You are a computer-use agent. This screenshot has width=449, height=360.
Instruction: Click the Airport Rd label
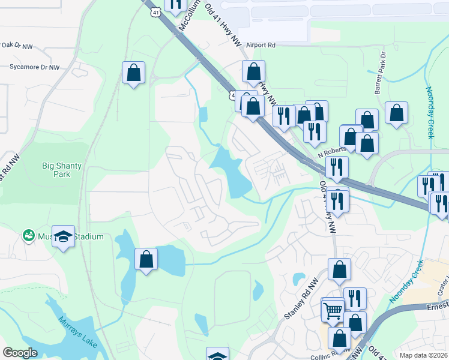[x=259, y=45]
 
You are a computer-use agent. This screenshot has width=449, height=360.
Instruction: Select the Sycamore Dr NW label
[x=34, y=68]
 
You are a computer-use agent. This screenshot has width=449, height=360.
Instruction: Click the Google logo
[x=20, y=353]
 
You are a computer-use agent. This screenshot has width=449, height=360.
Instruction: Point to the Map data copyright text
[x=423, y=355]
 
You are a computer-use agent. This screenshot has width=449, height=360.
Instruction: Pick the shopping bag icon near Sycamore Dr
[x=133, y=73]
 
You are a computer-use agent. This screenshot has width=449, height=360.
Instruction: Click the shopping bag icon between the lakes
[x=146, y=259]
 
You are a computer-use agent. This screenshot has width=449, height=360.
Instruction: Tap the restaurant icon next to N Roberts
[x=337, y=166]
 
